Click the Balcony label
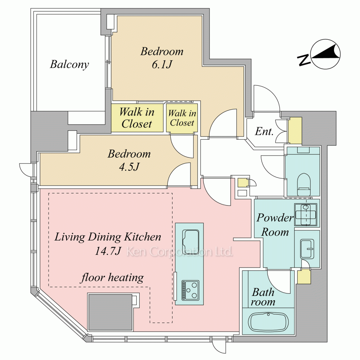pos(69,64)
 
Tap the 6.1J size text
pos(162,65)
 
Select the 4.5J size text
pos(129,167)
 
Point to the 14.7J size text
pos(108,251)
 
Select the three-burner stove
pos(190,290)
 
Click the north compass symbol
pos(319,54)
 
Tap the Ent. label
pos(264,131)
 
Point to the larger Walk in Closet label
pos(137,118)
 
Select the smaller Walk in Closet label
pos(182,118)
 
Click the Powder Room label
pos(275,225)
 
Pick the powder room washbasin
pos(307,249)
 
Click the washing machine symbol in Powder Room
pos(306,214)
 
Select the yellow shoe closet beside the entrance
pos(295,131)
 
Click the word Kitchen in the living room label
pos(143,237)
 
